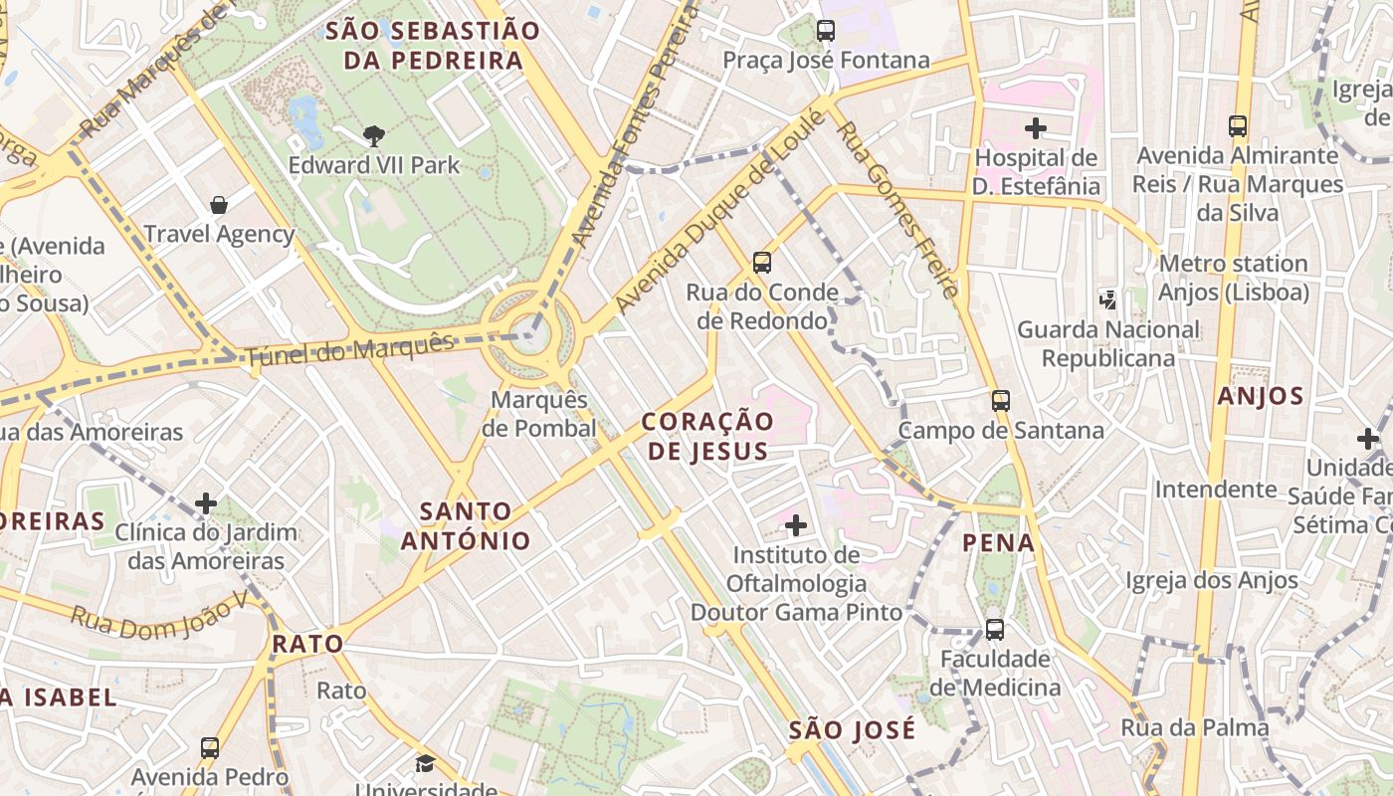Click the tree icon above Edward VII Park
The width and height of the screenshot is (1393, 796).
373,135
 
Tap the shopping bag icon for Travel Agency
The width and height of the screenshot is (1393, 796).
219,206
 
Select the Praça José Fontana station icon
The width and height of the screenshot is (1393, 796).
825,31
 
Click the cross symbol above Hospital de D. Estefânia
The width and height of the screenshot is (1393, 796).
1036,128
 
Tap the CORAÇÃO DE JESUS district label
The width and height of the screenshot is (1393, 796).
707,436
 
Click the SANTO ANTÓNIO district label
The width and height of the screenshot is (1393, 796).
466,526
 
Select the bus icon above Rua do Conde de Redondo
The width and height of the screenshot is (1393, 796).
761,264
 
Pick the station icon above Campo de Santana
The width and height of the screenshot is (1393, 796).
1000,401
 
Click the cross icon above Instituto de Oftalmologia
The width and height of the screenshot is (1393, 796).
796,524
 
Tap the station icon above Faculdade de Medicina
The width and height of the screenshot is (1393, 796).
994,630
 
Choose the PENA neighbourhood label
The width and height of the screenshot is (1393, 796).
999,543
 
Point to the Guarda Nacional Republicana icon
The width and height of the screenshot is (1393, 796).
1107,298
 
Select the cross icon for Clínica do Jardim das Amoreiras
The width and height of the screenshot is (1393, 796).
206,503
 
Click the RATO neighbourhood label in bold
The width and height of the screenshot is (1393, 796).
307,644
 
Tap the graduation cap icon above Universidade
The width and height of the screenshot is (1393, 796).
425,764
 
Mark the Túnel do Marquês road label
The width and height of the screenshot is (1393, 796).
349,349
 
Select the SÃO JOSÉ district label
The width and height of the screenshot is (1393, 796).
852,730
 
